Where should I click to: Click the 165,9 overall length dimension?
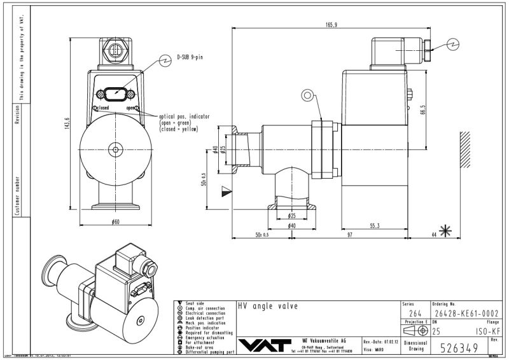pos(331,25)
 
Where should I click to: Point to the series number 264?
pos(415,313)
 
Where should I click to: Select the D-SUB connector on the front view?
pos(115,93)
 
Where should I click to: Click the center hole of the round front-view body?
pos(115,150)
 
